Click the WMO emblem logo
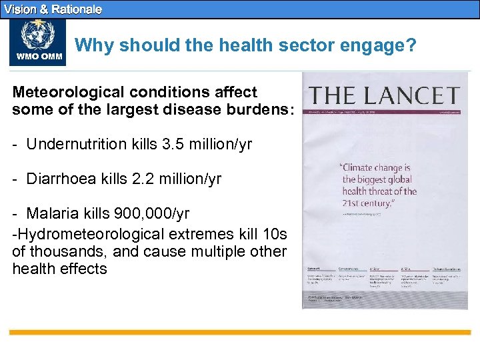[x=37, y=35]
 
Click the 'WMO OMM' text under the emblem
[x=37, y=57]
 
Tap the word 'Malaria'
[x=50, y=214]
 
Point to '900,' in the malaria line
[x=133, y=214]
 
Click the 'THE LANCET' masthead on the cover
[x=385, y=95]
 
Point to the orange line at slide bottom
[x=240, y=331]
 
